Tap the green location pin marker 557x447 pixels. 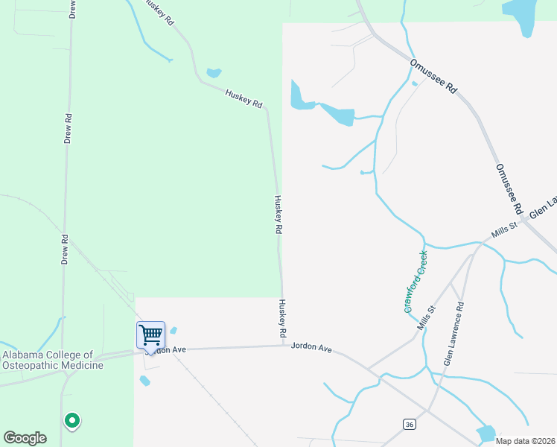click(72, 421)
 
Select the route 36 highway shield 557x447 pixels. click(409, 424)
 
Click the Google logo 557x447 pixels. click(25, 438)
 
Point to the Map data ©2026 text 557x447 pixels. click(525, 441)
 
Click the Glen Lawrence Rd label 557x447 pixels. click(453, 333)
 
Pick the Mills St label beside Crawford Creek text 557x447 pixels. click(426, 318)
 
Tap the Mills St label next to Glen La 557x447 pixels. click(504, 229)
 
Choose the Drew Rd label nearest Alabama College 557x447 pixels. click(66, 250)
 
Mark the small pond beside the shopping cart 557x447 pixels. click(174, 330)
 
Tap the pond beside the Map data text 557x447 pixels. click(486, 433)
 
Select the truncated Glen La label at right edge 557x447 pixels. click(543, 209)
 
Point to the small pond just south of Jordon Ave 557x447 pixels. click(145, 381)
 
